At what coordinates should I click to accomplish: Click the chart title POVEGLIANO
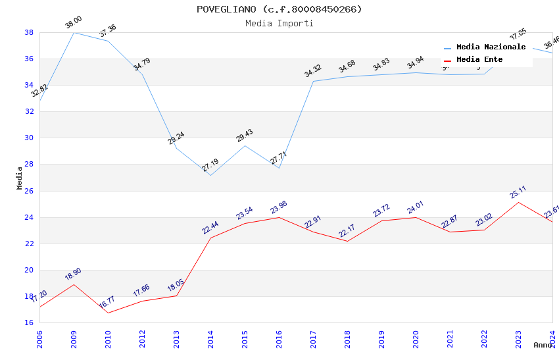point(279,9)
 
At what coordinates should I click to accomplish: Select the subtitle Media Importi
point(279,23)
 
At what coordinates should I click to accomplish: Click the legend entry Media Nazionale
point(491,47)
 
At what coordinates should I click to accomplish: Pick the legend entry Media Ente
point(479,60)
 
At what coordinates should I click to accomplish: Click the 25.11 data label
point(518,192)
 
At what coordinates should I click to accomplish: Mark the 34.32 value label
point(313,71)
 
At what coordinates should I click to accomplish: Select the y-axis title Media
point(20,178)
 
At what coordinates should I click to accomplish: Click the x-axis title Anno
point(543,345)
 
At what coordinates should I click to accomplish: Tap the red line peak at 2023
point(518,202)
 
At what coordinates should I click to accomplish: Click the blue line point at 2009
point(74,32)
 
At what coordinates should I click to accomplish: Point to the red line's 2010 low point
point(108,313)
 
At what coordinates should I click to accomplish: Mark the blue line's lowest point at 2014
point(210,175)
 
